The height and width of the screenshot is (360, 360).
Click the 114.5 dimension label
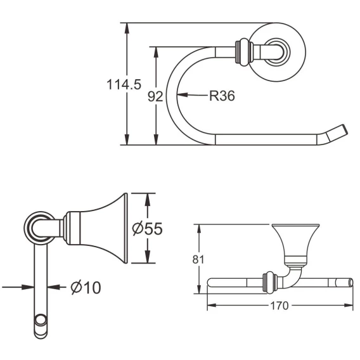pyautogui.click(x=124, y=84)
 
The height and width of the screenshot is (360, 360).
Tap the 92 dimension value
pyautogui.click(x=155, y=96)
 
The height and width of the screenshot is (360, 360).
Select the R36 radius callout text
pyautogui.click(x=222, y=96)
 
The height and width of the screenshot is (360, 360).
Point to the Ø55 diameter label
pyautogui.click(x=148, y=228)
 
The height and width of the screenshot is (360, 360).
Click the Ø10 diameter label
pyautogui.click(x=86, y=287)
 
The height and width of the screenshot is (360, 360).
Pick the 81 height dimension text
pyautogui.click(x=198, y=260)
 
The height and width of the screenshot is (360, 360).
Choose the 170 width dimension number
pyautogui.click(x=279, y=305)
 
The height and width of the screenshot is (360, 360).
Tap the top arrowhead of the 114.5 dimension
pyautogui.click(x=127, y=29)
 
